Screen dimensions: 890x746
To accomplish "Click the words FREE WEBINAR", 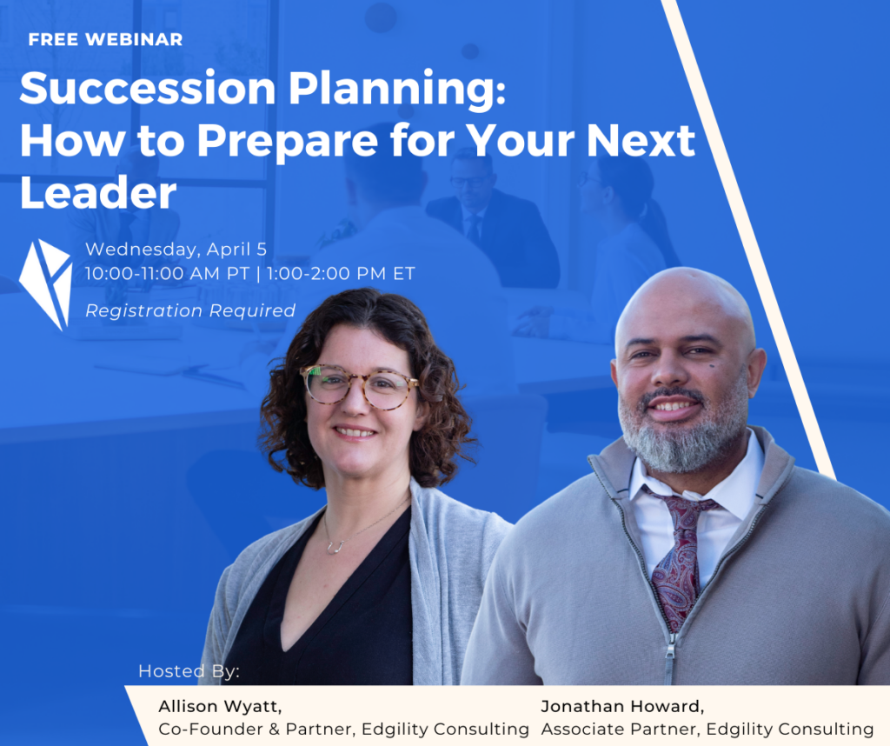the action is (105, 39).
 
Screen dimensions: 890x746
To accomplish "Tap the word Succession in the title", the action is (148, 89).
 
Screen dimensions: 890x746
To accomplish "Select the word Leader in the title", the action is (98, 192).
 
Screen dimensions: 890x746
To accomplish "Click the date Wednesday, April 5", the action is (176, 250).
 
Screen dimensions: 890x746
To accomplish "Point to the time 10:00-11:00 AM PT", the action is (168, 274).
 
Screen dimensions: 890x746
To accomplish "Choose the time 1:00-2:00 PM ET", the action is (341, 274).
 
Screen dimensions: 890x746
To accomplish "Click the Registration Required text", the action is (190, 310).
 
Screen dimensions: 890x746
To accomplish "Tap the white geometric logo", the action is (46, 284).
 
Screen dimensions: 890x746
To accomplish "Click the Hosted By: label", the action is (189, 671).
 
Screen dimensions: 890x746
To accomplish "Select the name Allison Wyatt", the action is (220, 706).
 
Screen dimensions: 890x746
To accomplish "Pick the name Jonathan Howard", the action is (622, 706).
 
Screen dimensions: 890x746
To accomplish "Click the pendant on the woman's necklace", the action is (335, 547).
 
